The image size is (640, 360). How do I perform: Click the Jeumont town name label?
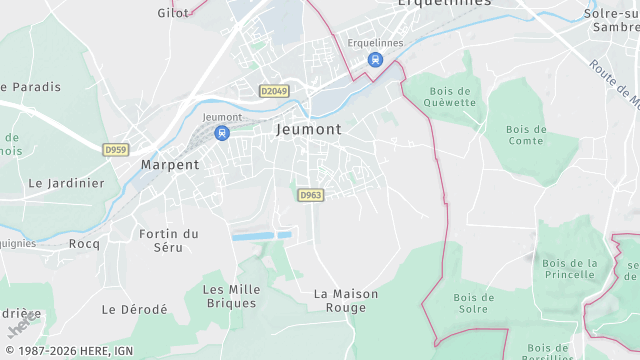tap(309, 129)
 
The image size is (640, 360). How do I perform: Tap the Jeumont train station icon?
tap(222, 132)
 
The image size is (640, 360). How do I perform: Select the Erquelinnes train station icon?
tap(374, 59)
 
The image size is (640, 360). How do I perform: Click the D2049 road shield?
tap(273, 91)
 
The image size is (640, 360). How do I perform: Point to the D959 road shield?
tap(116, 150)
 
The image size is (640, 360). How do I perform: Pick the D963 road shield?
tap(310, 195)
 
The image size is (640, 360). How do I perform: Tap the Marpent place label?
tap(169, 164)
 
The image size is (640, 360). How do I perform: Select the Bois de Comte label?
tap(526, 135)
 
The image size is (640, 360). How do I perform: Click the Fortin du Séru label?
tap(168, 240)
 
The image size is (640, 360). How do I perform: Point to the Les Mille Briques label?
tap(231, 296)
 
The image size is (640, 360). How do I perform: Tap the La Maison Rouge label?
tap(346, 301)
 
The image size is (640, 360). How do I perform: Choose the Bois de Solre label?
tap(474, 303)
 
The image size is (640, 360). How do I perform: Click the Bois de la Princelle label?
tap(569, 269)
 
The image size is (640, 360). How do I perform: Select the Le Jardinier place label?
tap(66, 183)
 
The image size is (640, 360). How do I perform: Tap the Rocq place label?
tap(84, 243)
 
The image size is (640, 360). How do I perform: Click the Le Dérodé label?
tap(134, 310)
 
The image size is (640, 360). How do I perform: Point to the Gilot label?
tap(173, 13)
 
